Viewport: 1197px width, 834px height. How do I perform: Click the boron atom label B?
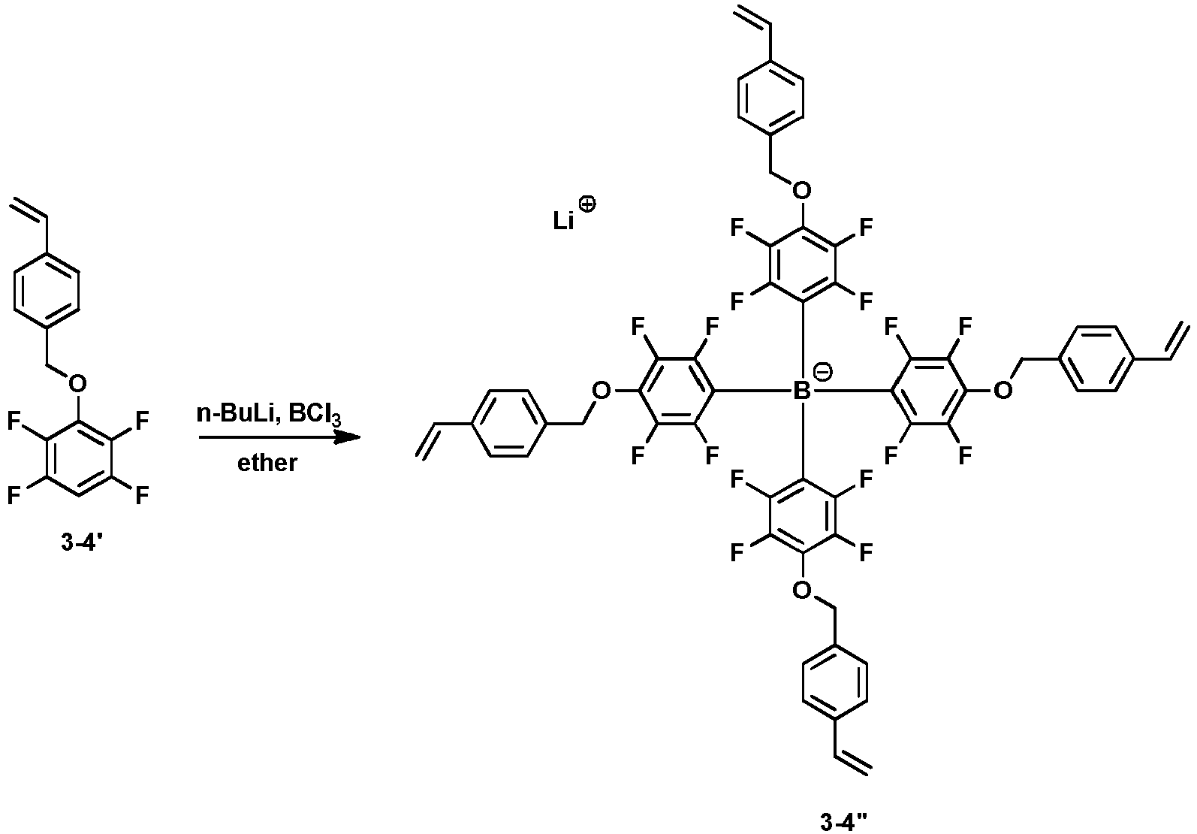pyautogui.click(x=801, y=391)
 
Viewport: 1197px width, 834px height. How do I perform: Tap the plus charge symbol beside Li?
pyautogui.click(x=586, y=205)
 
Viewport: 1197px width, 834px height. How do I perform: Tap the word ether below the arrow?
pyautogui.click(x=267, y=463)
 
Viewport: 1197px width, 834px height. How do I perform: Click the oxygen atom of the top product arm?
pyautogui.click(x=801, y=190)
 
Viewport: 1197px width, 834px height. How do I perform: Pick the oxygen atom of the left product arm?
pyautogui.click(x=602, y=391)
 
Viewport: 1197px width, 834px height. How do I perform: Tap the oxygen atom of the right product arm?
pyautogui.click(x=1002, y=391)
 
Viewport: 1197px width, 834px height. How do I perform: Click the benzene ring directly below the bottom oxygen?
pyautogui.click(x=834, y=682)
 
